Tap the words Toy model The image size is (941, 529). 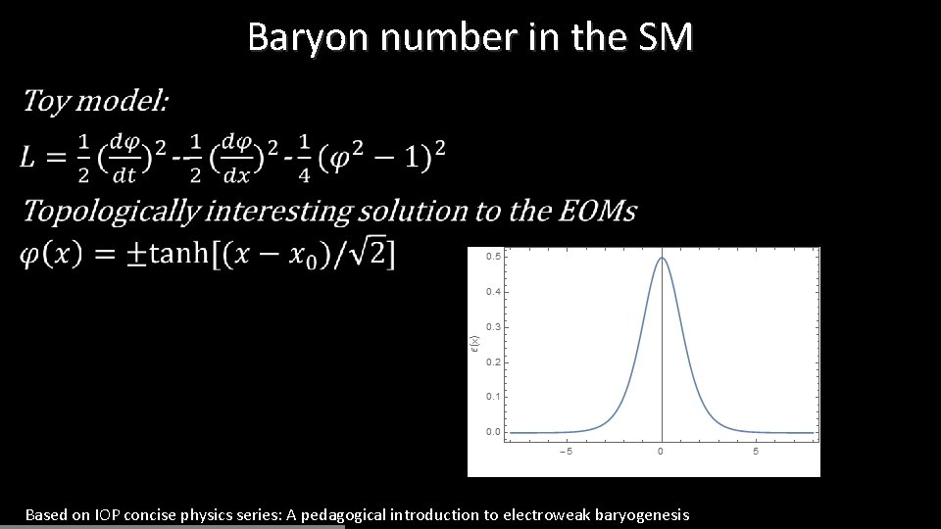point(95,101)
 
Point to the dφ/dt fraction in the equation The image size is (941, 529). point(124,158)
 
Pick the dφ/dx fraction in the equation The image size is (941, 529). point(236,158)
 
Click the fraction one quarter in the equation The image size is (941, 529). point(304,158)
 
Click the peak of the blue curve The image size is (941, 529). point(662,258)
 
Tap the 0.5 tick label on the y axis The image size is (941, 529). point(494,257)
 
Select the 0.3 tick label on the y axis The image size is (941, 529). point(494,326)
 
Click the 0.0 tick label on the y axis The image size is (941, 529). point(494,432)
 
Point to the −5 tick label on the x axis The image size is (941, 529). point(565,452)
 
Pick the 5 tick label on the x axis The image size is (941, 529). point(756,452)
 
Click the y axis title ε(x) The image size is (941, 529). point(475,345)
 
